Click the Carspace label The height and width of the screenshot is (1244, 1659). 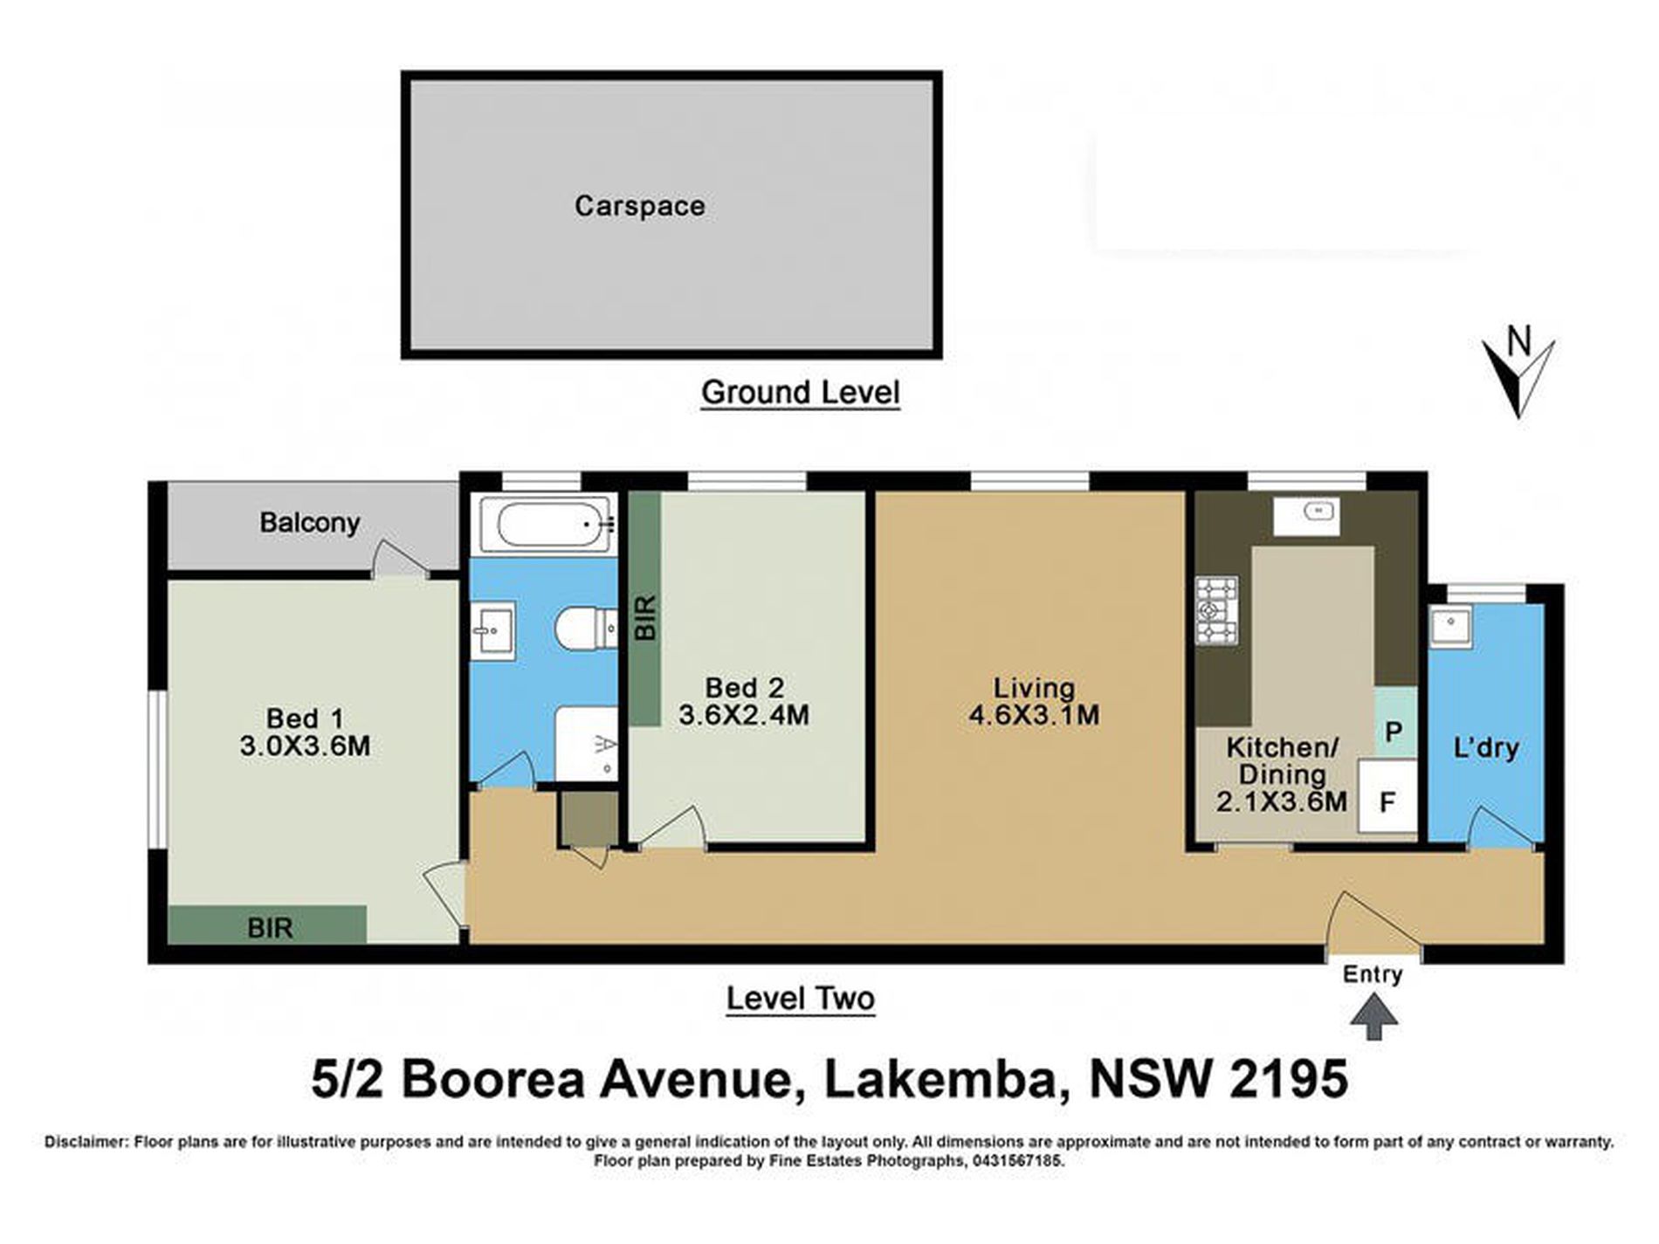point(639,206)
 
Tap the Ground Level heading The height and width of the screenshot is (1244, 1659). point(800,393)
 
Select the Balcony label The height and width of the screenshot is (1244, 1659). point(309,523)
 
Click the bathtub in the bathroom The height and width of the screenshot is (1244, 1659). point(545,525)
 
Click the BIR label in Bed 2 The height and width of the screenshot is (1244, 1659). point(645,618)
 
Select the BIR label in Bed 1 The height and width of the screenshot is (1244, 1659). point(270,927)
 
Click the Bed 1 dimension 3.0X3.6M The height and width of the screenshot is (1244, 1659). point(305,746)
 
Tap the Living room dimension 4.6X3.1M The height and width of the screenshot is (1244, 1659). point(1034,716)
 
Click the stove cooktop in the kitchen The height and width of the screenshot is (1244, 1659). point(1216,610)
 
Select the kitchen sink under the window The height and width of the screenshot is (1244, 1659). point(1305,512)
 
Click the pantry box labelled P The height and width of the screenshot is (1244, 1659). point(1394,730)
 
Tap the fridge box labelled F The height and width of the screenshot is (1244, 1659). point(1387,801)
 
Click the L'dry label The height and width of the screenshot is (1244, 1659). point(1485,747)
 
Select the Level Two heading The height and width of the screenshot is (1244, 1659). point(800,999)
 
